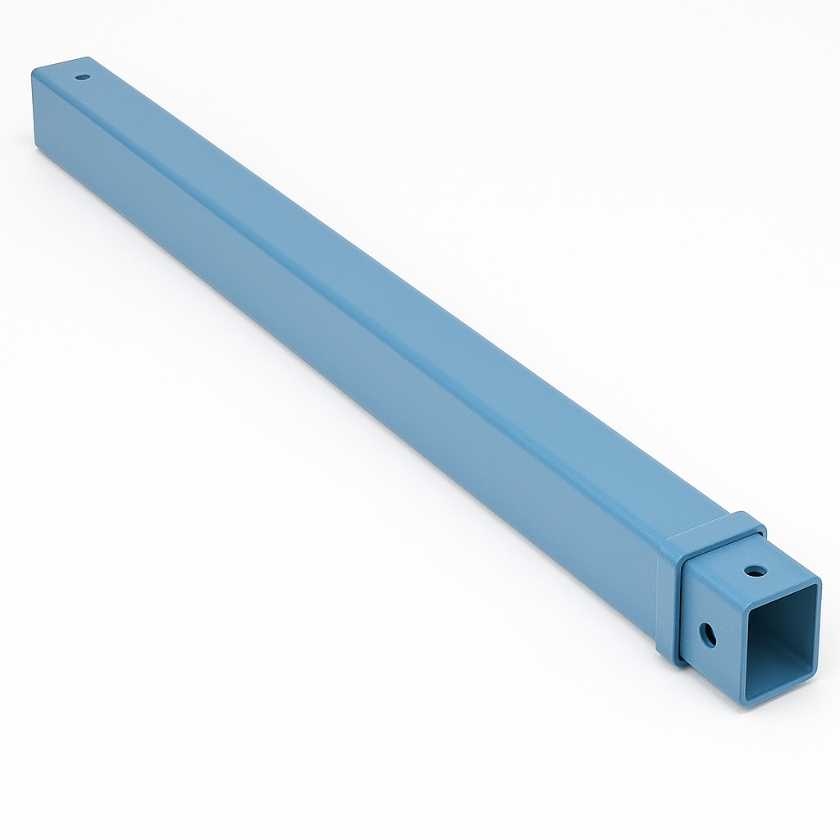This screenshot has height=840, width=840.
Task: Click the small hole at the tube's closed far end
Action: [82, 77]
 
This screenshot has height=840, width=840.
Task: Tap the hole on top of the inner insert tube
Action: [756, 569]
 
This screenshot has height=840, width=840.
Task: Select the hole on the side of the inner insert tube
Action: [707, 634]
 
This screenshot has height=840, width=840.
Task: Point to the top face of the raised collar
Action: [712, 530]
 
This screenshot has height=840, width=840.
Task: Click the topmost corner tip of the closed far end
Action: [88, 58]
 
